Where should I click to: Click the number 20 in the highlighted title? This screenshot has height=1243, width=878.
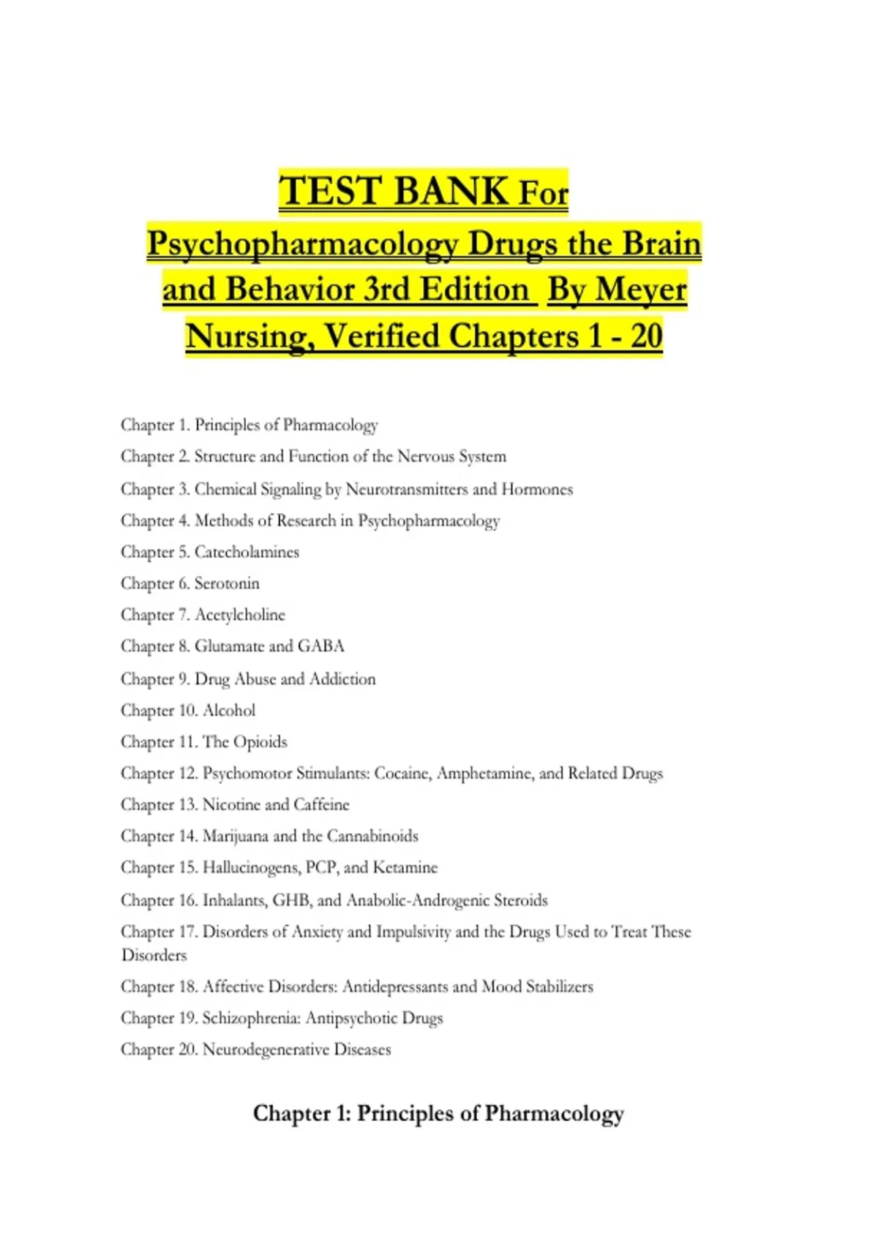[x=646, y=336]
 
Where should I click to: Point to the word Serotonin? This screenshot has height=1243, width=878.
[x=227, y=583]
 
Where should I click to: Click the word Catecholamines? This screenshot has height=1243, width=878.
[x=247, y=552]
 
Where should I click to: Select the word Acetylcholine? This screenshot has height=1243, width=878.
[x=240, y=615]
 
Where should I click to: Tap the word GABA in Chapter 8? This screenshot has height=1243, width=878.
[x=320, y=646]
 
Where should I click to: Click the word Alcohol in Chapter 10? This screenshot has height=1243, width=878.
[x=229, y=711]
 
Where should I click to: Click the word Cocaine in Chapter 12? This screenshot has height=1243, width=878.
[x=402, y=774]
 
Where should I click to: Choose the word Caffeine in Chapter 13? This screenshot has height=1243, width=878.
[x=321, y=805]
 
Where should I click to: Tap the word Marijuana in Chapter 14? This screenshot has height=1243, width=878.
[x=235, y=836]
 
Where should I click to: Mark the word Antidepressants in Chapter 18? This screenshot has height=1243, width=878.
[x=394, y=987]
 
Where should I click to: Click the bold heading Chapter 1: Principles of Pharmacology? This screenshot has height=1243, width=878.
[x=438, y=1114]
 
